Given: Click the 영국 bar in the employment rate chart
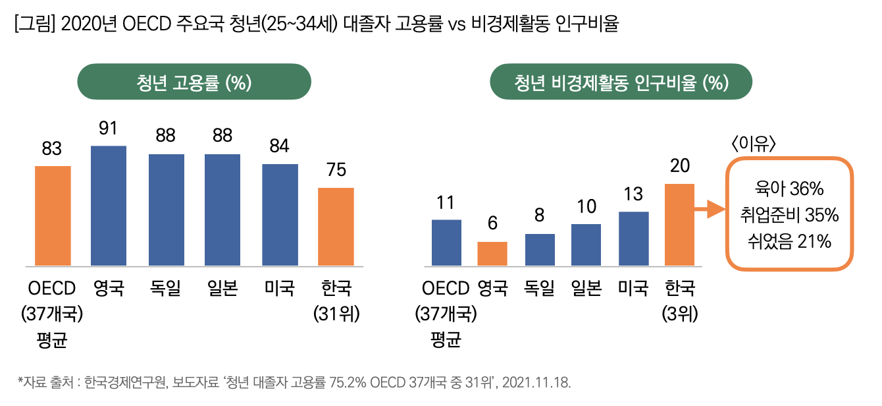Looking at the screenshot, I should [x=109, y=206].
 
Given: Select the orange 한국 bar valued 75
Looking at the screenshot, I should [x=336, y=227].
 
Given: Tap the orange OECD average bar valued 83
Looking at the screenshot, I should [x=53, y=216].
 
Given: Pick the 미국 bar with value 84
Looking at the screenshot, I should [x=280, y=216].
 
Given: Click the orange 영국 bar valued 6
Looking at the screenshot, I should [x=492, y=254].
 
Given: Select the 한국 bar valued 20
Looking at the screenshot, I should [x=679, y=225].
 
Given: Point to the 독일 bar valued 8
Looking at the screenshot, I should [x=540, y=250].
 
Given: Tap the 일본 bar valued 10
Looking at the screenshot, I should [x=586, y=245].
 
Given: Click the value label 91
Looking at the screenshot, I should [x=108, y=129].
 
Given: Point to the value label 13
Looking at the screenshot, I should [x=633, y=194].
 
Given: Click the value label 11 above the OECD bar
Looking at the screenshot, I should [x=446, y=202].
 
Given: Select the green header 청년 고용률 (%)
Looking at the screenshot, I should [x=194, y=82].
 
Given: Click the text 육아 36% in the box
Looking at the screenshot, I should [x=789, y=189].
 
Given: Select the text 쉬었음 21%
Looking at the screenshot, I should [x=789, y=241].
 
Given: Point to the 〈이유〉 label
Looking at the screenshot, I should [x=753, y=144].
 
